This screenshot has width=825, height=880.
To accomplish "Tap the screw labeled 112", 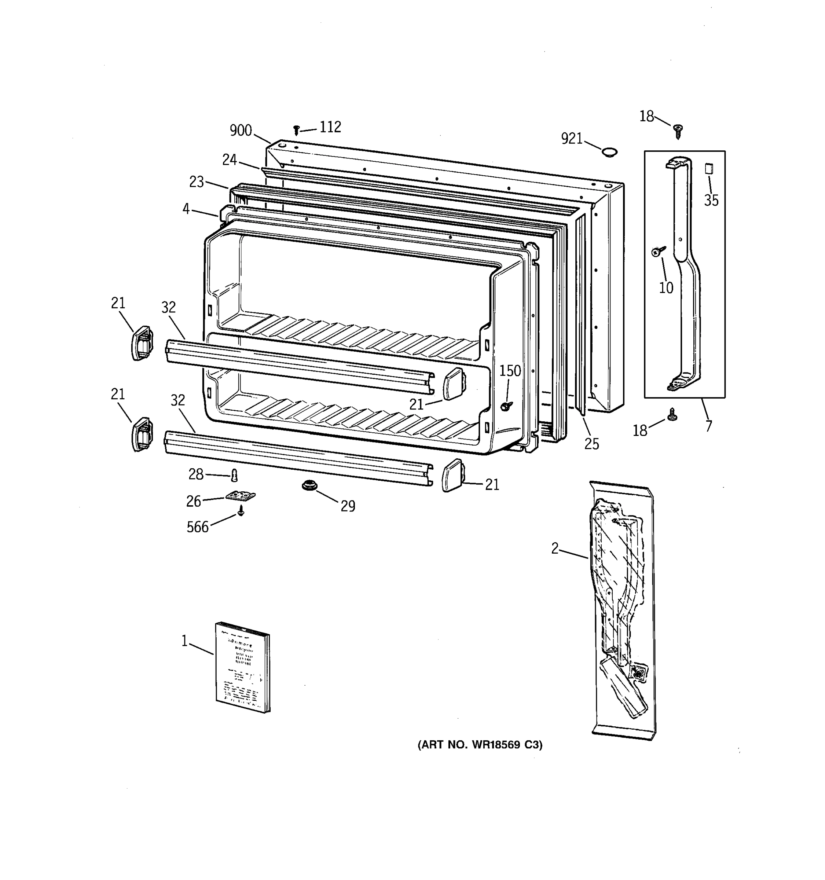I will [x=297, y=130].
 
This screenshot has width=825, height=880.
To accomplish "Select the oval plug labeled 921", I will [x=609, y=152].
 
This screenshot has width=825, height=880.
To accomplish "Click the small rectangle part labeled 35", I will [x=709, y=169].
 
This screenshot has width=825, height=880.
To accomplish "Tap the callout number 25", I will [x=591, y=444].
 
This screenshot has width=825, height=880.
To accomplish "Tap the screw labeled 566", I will [x=241, y=511].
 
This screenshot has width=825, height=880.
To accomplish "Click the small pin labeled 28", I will [x=235, y=476].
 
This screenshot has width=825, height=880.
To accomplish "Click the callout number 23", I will [x=197, y=181].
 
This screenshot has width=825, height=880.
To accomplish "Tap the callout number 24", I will [x=229, y=160].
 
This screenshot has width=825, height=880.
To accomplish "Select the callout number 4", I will [x=186, y=209].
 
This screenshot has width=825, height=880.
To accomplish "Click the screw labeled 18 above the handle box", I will [x=677, y=130].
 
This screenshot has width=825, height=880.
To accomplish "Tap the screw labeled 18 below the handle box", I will [x=672, y=414].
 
